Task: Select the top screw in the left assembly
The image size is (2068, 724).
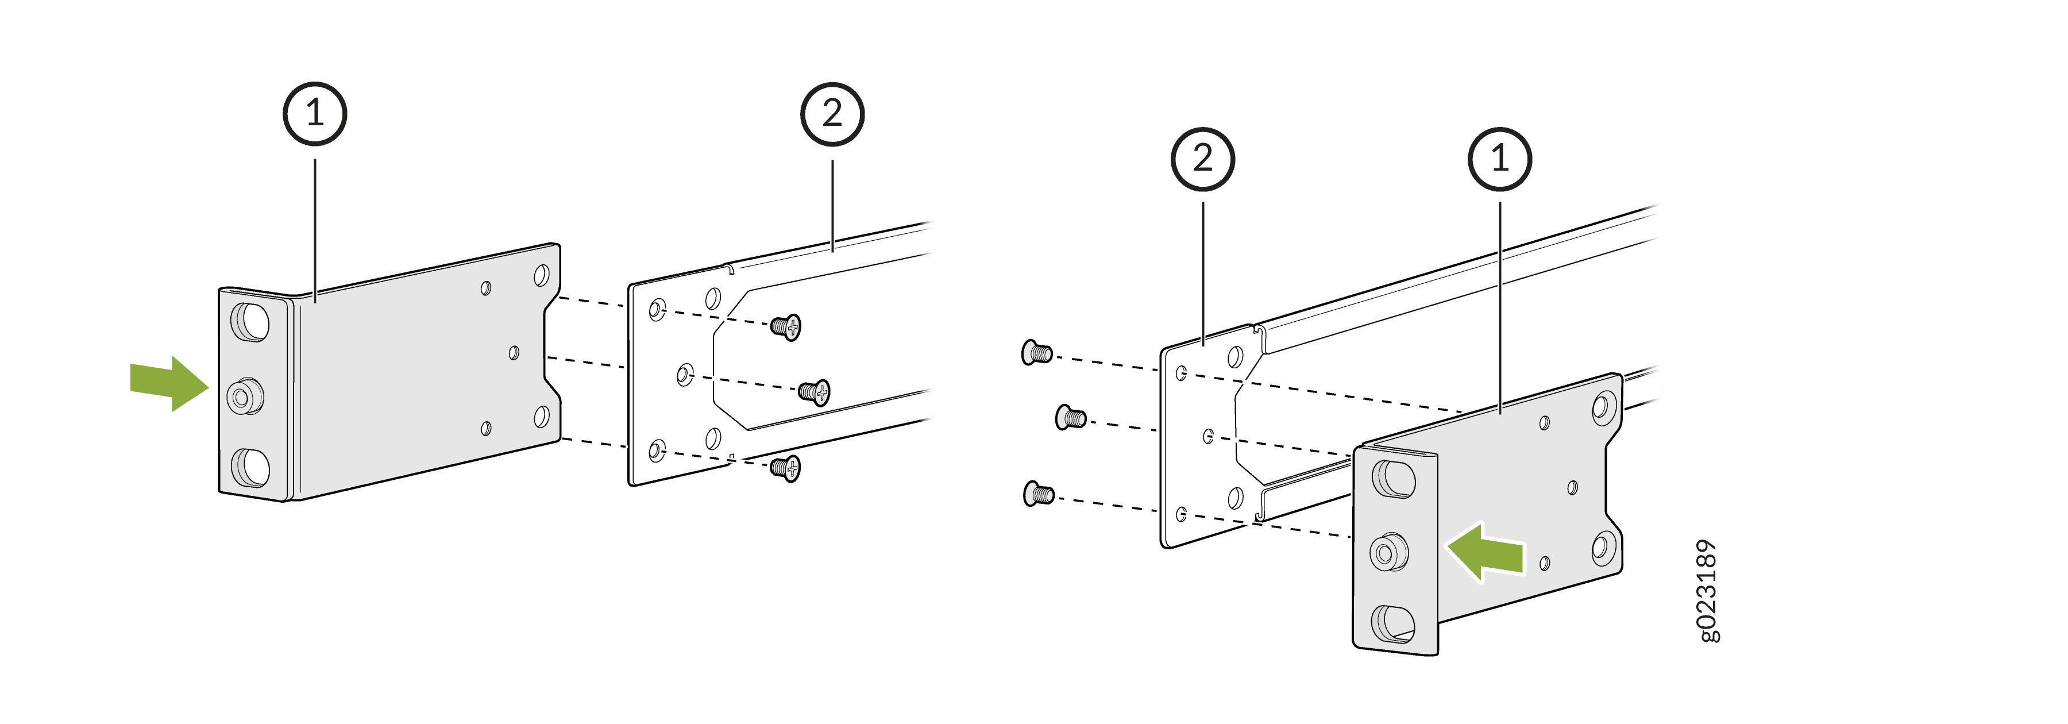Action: (x=786, y=326)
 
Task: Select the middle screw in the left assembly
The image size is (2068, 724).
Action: (x=814, y=392)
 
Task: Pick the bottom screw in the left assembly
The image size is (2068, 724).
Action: (x=786, y=467)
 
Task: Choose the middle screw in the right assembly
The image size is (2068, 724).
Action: (x=1071, y=417)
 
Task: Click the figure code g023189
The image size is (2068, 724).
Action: (x=1708, y=590)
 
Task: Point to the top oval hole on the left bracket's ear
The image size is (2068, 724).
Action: (x=250, y=322)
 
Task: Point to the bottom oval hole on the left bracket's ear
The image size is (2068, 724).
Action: (x=250, y=468)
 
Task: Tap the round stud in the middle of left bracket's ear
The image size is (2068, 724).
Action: (x=244, y=396)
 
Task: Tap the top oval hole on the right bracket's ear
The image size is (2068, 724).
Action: (x=1394, y=479)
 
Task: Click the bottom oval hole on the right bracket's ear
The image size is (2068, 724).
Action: (x=1394, y=623)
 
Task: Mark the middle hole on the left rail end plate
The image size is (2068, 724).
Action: (x=685, y=374)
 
